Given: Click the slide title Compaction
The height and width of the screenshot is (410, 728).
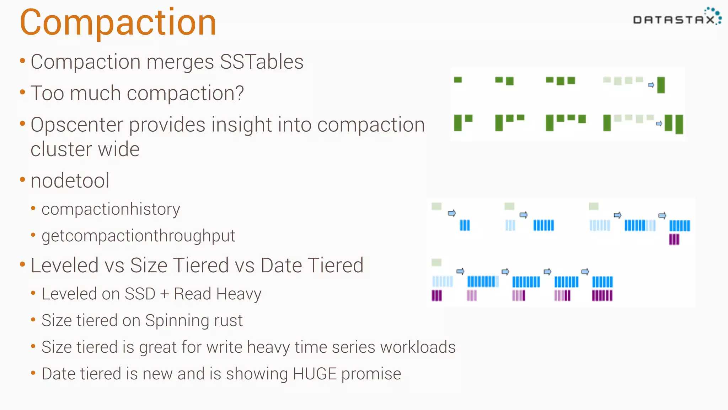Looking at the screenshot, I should [x=118, y=23].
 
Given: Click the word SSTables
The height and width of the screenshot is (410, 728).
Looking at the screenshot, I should [x=262, y=62].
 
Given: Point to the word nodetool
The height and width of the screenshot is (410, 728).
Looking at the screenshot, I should [x=70, y=181].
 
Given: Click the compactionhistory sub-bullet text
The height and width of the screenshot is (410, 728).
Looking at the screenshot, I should [x=111, y=209].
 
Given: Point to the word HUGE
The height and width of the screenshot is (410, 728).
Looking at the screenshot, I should [x=315, y=374].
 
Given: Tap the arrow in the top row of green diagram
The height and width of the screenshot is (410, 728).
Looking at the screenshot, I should [x=651, y=85].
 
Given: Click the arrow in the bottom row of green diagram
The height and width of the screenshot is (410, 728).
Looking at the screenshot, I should [x=659, y=123].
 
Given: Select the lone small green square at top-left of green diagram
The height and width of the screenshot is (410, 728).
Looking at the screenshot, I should [x=458, y=80].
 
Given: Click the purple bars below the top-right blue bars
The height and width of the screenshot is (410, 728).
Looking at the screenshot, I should [x=674, y=240].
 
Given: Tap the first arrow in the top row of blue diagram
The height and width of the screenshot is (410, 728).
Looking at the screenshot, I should [x=451, y=213].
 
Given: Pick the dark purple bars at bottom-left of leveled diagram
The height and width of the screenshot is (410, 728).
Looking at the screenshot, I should [x=437, y=295].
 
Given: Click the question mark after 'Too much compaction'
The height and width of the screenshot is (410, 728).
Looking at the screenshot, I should [x=240, y=93].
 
